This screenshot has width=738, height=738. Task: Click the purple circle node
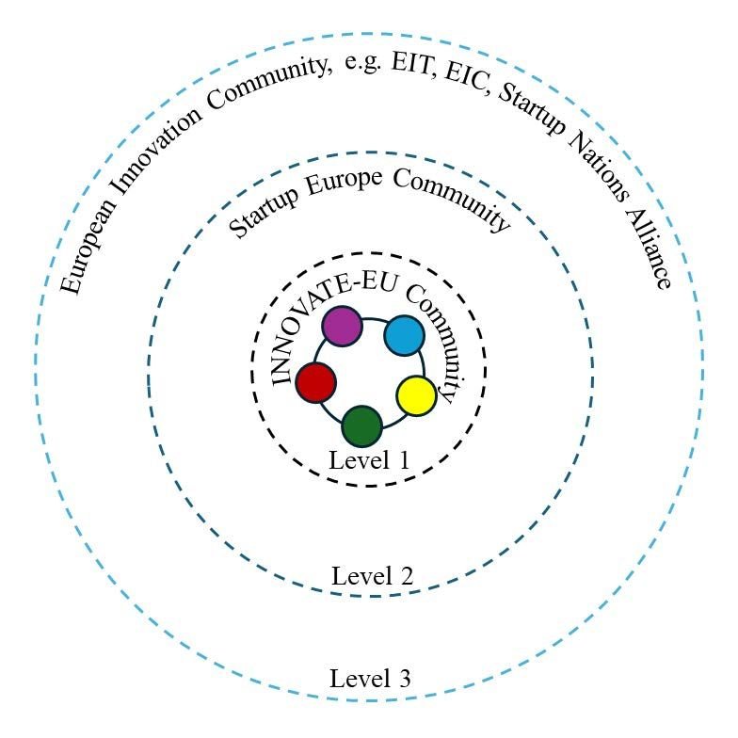pyautogui.click(x=342, y=326)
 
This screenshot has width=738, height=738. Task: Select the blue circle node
pyautogui.click(x=405, y=336)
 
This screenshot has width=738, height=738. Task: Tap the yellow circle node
pyautogui.click(x=416, y=395)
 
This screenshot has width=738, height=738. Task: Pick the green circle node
pyautogui.click(x=361, y=425)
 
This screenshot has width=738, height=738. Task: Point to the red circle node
pyautogui.click(x=315, y=382)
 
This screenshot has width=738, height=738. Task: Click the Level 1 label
pyautogui.click(x=369, y=460)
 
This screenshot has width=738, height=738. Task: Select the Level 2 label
pyautogui.click(x=372, y=576)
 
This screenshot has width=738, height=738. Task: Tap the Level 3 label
pyautogui.click(x=370, y=678)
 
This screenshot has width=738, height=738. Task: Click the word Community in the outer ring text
pyautogui.click(x=272, y=90)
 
